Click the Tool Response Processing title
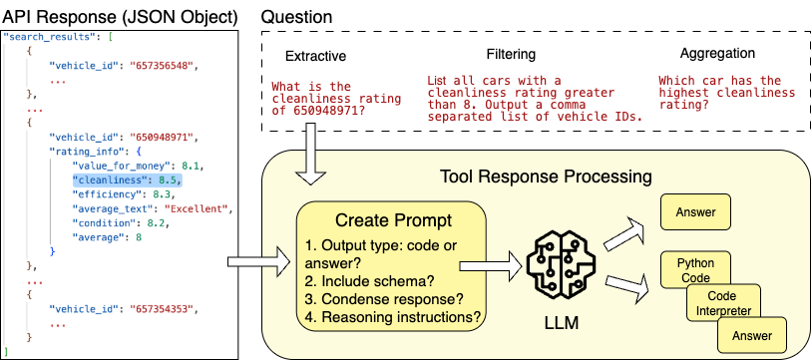pos(547,178)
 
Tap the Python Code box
pos(696,268)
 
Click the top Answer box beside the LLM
pos(696,212)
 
